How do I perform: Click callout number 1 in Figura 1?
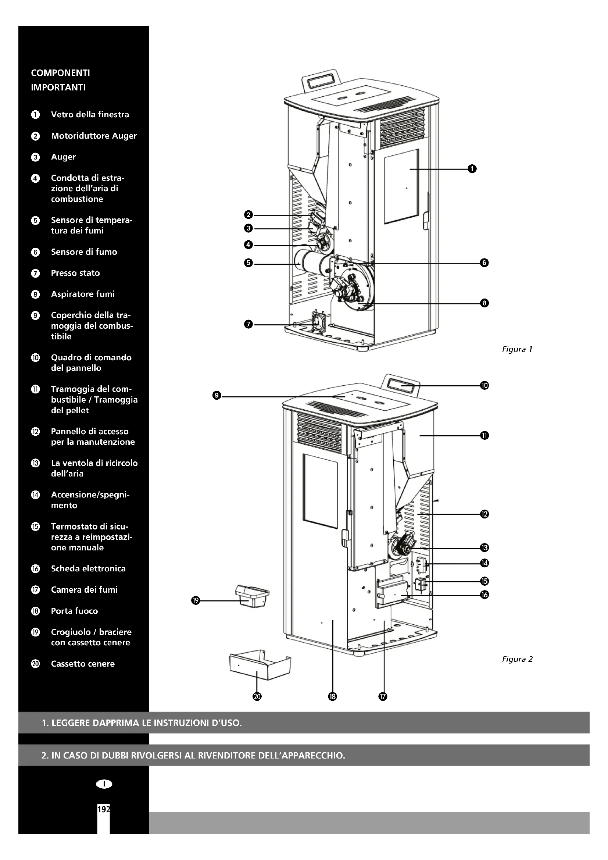click(472, 169)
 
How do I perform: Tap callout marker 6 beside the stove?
click(484, 263)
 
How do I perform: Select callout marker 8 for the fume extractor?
click(484, 303)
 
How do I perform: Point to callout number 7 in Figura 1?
click(248, 324)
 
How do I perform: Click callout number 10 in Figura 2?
click(484, 385)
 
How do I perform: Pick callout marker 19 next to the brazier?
click(195, 601)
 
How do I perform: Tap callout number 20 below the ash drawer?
click(257, 696)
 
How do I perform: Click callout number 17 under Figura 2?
click(383, 696)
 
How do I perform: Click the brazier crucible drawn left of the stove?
click(252, 596)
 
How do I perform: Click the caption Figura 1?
click(517, 349)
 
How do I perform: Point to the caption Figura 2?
click(517, 659)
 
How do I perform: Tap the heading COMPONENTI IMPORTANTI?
click(60, 80)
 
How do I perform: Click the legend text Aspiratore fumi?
click(83, 295)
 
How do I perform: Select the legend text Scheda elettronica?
click(88, 568)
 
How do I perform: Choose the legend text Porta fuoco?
click(74, 611)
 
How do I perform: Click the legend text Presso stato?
click(75, 273)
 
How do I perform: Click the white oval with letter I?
click(104, 784)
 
